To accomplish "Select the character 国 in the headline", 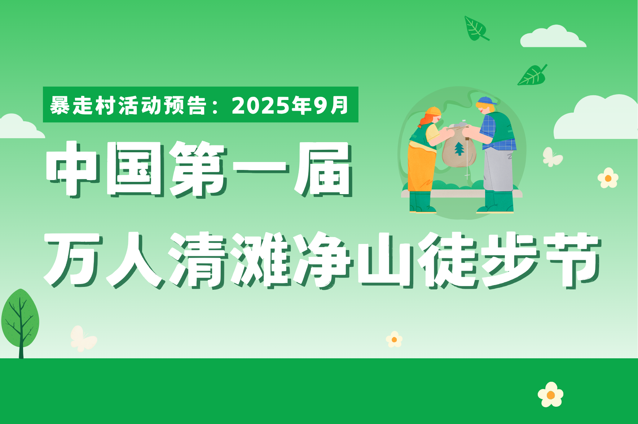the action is click(x=135, y=169).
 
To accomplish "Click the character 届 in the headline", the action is click(x=323, y=169).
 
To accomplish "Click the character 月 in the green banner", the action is click(x=339, y=105).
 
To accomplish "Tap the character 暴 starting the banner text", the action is click(x=60, y=105).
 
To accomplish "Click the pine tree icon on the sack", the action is click(x=459, y=149).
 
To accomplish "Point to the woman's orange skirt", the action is click(x=421, y=168).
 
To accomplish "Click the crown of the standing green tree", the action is click(x=20, y=318).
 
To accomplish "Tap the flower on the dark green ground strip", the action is click(x=550, y=395).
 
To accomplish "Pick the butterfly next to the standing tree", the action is click(x=83, y=338).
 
